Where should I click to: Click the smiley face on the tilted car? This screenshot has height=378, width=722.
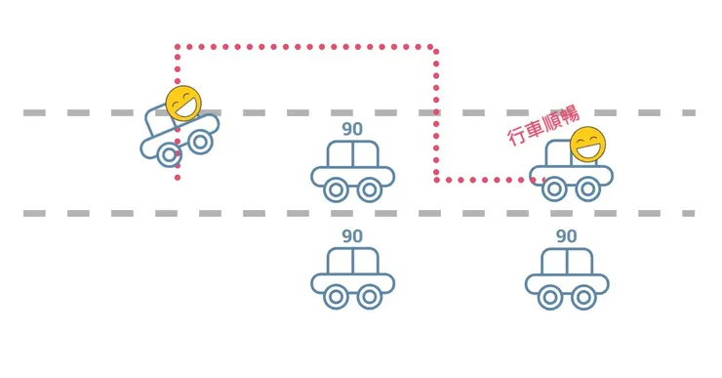pyautogui.click(x=183, y=104)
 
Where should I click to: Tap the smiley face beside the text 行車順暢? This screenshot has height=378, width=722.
pyautogui.click(x=587, y=145)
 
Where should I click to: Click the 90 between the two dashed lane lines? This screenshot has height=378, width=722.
pyautogui.click(x=352, y=129)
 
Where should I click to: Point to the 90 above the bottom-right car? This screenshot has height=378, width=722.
pyautogui.click(x=566, y=236)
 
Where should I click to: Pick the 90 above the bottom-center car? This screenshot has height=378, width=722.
pyautogui.click(x=352, y=236)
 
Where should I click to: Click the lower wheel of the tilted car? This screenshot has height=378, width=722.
pyautogui.click(x=170, y=154)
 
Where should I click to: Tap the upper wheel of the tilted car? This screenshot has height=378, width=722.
pyautogui.click(x=200, y=142)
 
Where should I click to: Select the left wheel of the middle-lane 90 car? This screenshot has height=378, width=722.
pyautogui.click(x=336, y=189)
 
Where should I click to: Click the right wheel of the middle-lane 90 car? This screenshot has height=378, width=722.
pyautogui.click(x=369, y=189)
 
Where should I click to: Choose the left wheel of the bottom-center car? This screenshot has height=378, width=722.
pyautogui.click(x=336, y=297)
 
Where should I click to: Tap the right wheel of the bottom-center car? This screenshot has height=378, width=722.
pyautogui.click(x=369, y=297)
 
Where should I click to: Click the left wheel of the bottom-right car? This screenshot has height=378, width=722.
pyautogui.click(x=550, y=297)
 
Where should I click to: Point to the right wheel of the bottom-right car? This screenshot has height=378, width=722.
pyautogui.click(x=583, y=297)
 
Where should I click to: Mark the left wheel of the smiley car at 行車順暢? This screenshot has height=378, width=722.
pyautogui.click(x=554, y=189)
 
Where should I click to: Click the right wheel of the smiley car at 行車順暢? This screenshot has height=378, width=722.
pyautogui.click(x=587, y=189)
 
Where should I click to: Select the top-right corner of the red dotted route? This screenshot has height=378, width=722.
pyautogui.click(x=434, y=47)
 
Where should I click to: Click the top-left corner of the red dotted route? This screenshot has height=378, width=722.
pyautogui.click(x=178, y=47)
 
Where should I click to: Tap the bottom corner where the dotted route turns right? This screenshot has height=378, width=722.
pyautogui.click(x=436, y=180)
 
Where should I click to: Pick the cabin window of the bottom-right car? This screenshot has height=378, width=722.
pyautogui.click(x=567, y=262)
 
